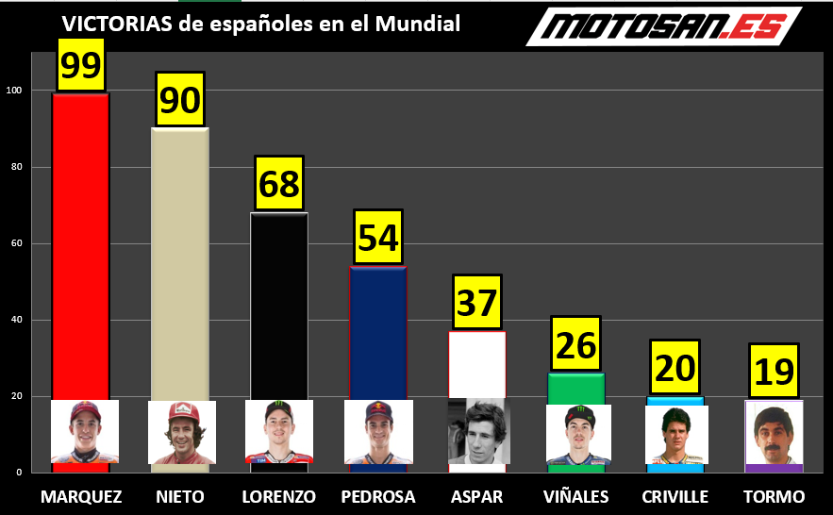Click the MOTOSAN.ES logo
663,26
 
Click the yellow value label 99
80,65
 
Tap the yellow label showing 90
179,99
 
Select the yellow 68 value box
279,183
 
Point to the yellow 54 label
378,237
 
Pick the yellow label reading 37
477,302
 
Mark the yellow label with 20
675,367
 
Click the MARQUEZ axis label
81,497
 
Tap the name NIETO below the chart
180,497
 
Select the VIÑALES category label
576,497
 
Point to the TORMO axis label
774,497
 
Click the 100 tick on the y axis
14,91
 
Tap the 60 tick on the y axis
16,243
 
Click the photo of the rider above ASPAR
478,431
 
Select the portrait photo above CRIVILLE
676,434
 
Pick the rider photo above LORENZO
279,431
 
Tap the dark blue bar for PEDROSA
378,330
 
